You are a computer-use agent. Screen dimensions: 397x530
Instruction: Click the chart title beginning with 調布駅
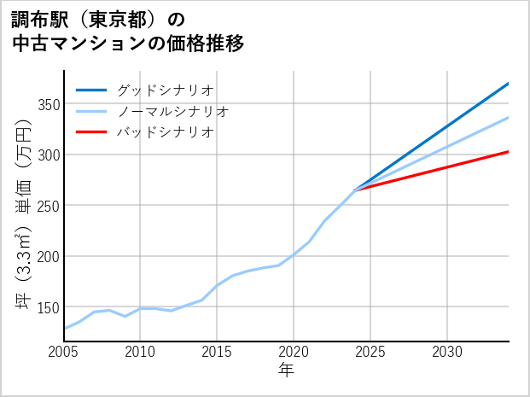[128, 31]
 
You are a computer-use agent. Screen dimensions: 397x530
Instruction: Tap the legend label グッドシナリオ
[165, 90]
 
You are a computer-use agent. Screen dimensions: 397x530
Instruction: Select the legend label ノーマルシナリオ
[172, 111]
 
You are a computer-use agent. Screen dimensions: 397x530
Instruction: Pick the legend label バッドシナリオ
[165, 132]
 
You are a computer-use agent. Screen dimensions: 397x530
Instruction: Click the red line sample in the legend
[92, 132]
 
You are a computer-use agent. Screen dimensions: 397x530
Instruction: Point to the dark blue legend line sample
[92, 90]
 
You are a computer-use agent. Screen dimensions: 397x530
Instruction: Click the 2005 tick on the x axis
[64, 352]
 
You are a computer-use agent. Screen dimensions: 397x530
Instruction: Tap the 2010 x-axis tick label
[140, 352]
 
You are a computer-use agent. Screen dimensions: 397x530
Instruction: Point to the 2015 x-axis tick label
[217, 352]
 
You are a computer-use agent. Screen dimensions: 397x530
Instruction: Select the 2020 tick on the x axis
[294, 352]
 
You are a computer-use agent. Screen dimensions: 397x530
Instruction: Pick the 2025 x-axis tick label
[370, 352]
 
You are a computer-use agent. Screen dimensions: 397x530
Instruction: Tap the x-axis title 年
[286, 371]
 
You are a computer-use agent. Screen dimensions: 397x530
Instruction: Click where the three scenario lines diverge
[355, 190]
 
